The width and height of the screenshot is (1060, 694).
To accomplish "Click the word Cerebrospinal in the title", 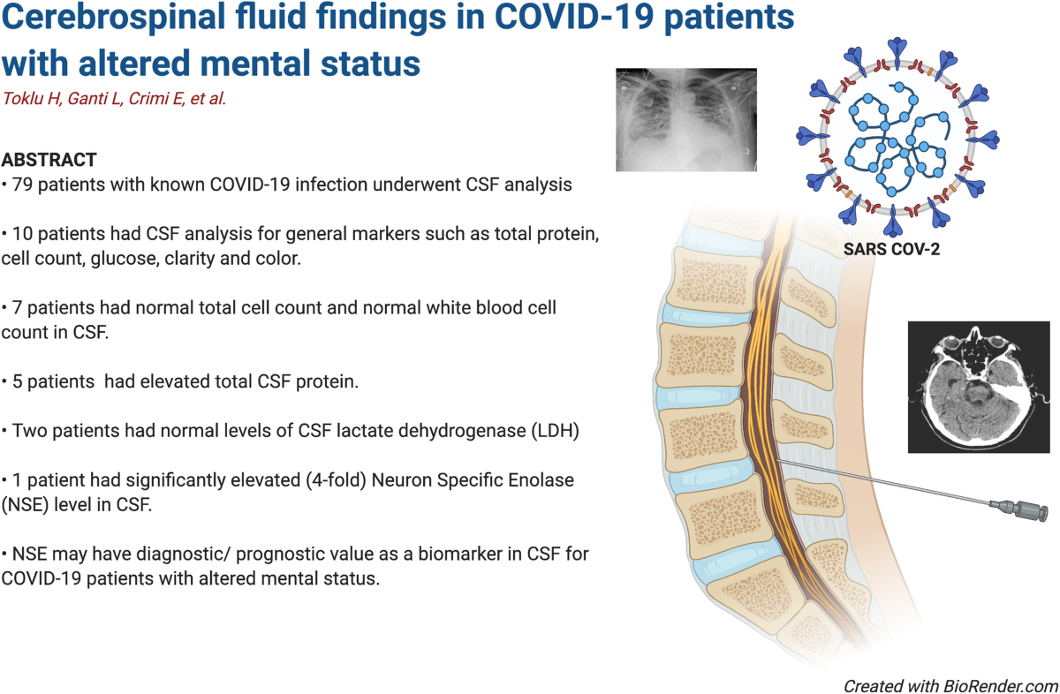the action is (114, 18).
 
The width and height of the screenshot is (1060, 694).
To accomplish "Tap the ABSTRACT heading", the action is (49, 160).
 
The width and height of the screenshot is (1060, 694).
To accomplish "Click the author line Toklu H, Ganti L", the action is (63, 99).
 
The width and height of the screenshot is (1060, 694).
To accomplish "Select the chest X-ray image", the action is (686, 120).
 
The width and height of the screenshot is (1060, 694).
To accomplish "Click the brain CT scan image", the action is (979, 387).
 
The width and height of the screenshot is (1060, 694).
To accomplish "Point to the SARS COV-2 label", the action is (891, 249).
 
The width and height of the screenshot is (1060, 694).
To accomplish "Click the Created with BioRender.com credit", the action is (950, 686).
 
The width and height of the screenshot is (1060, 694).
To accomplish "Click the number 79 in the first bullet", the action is (22, 185).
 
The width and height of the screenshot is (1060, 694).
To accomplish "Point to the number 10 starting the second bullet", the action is (22, 234).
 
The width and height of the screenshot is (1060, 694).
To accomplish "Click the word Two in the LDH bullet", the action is (29, 431).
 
